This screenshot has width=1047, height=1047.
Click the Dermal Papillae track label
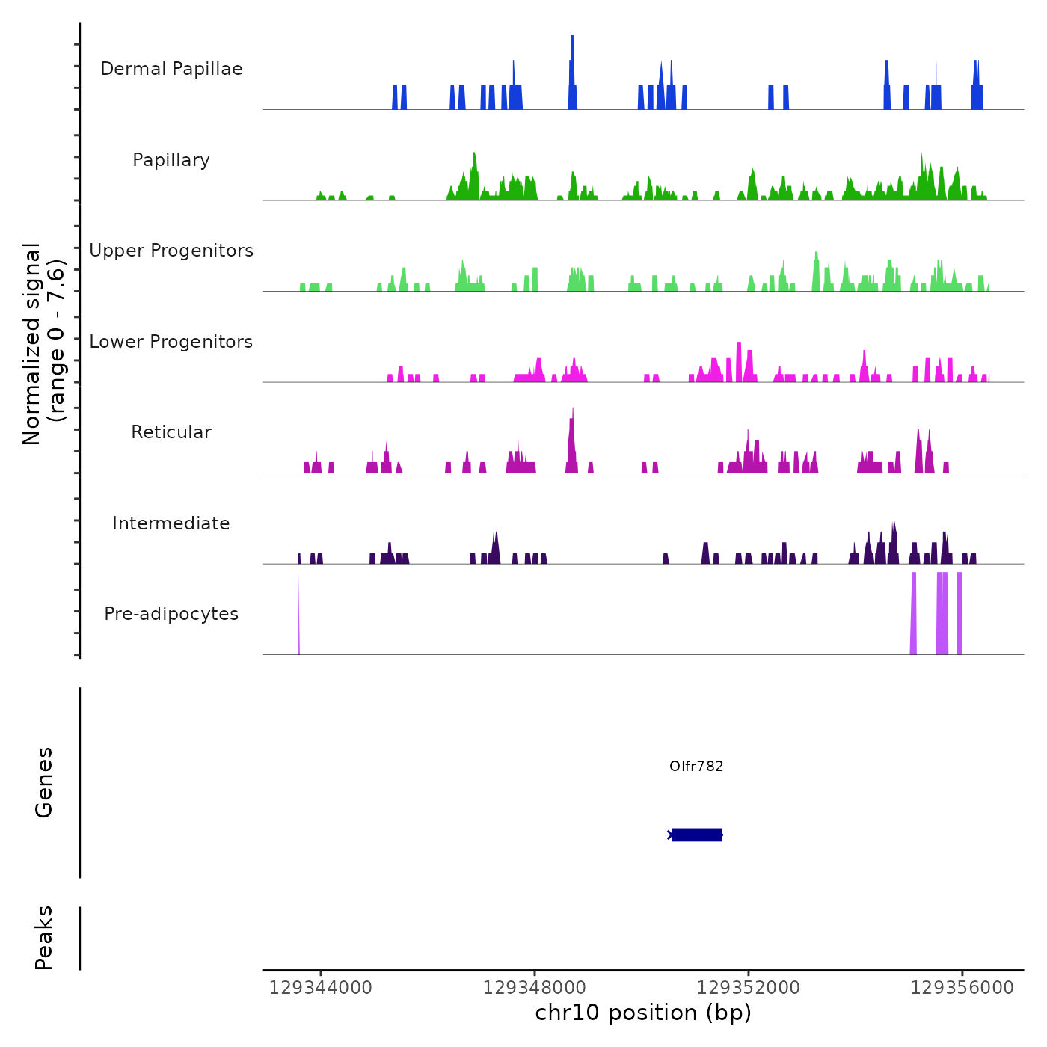(171, 69)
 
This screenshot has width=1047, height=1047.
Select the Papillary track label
(171, 160)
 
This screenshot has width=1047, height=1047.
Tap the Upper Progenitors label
(171, 251)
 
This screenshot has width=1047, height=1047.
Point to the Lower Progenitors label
(171, 342)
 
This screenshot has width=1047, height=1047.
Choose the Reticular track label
(171, 432)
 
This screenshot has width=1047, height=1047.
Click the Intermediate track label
(171, 523)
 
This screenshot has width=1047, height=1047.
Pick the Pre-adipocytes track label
(171, 614)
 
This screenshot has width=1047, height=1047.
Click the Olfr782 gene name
(696, 766)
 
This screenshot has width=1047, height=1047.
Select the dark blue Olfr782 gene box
(697, 835)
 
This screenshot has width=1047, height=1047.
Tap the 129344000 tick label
(320, 987)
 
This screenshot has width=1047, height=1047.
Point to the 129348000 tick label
(535, 987)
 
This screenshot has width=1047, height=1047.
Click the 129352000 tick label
(748, 987)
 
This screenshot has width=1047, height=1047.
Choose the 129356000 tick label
(962, 987)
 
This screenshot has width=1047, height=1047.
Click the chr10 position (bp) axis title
(643, 1013)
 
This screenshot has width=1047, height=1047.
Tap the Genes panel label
(44, 782)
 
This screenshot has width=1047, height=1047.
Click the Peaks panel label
(44, 938)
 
